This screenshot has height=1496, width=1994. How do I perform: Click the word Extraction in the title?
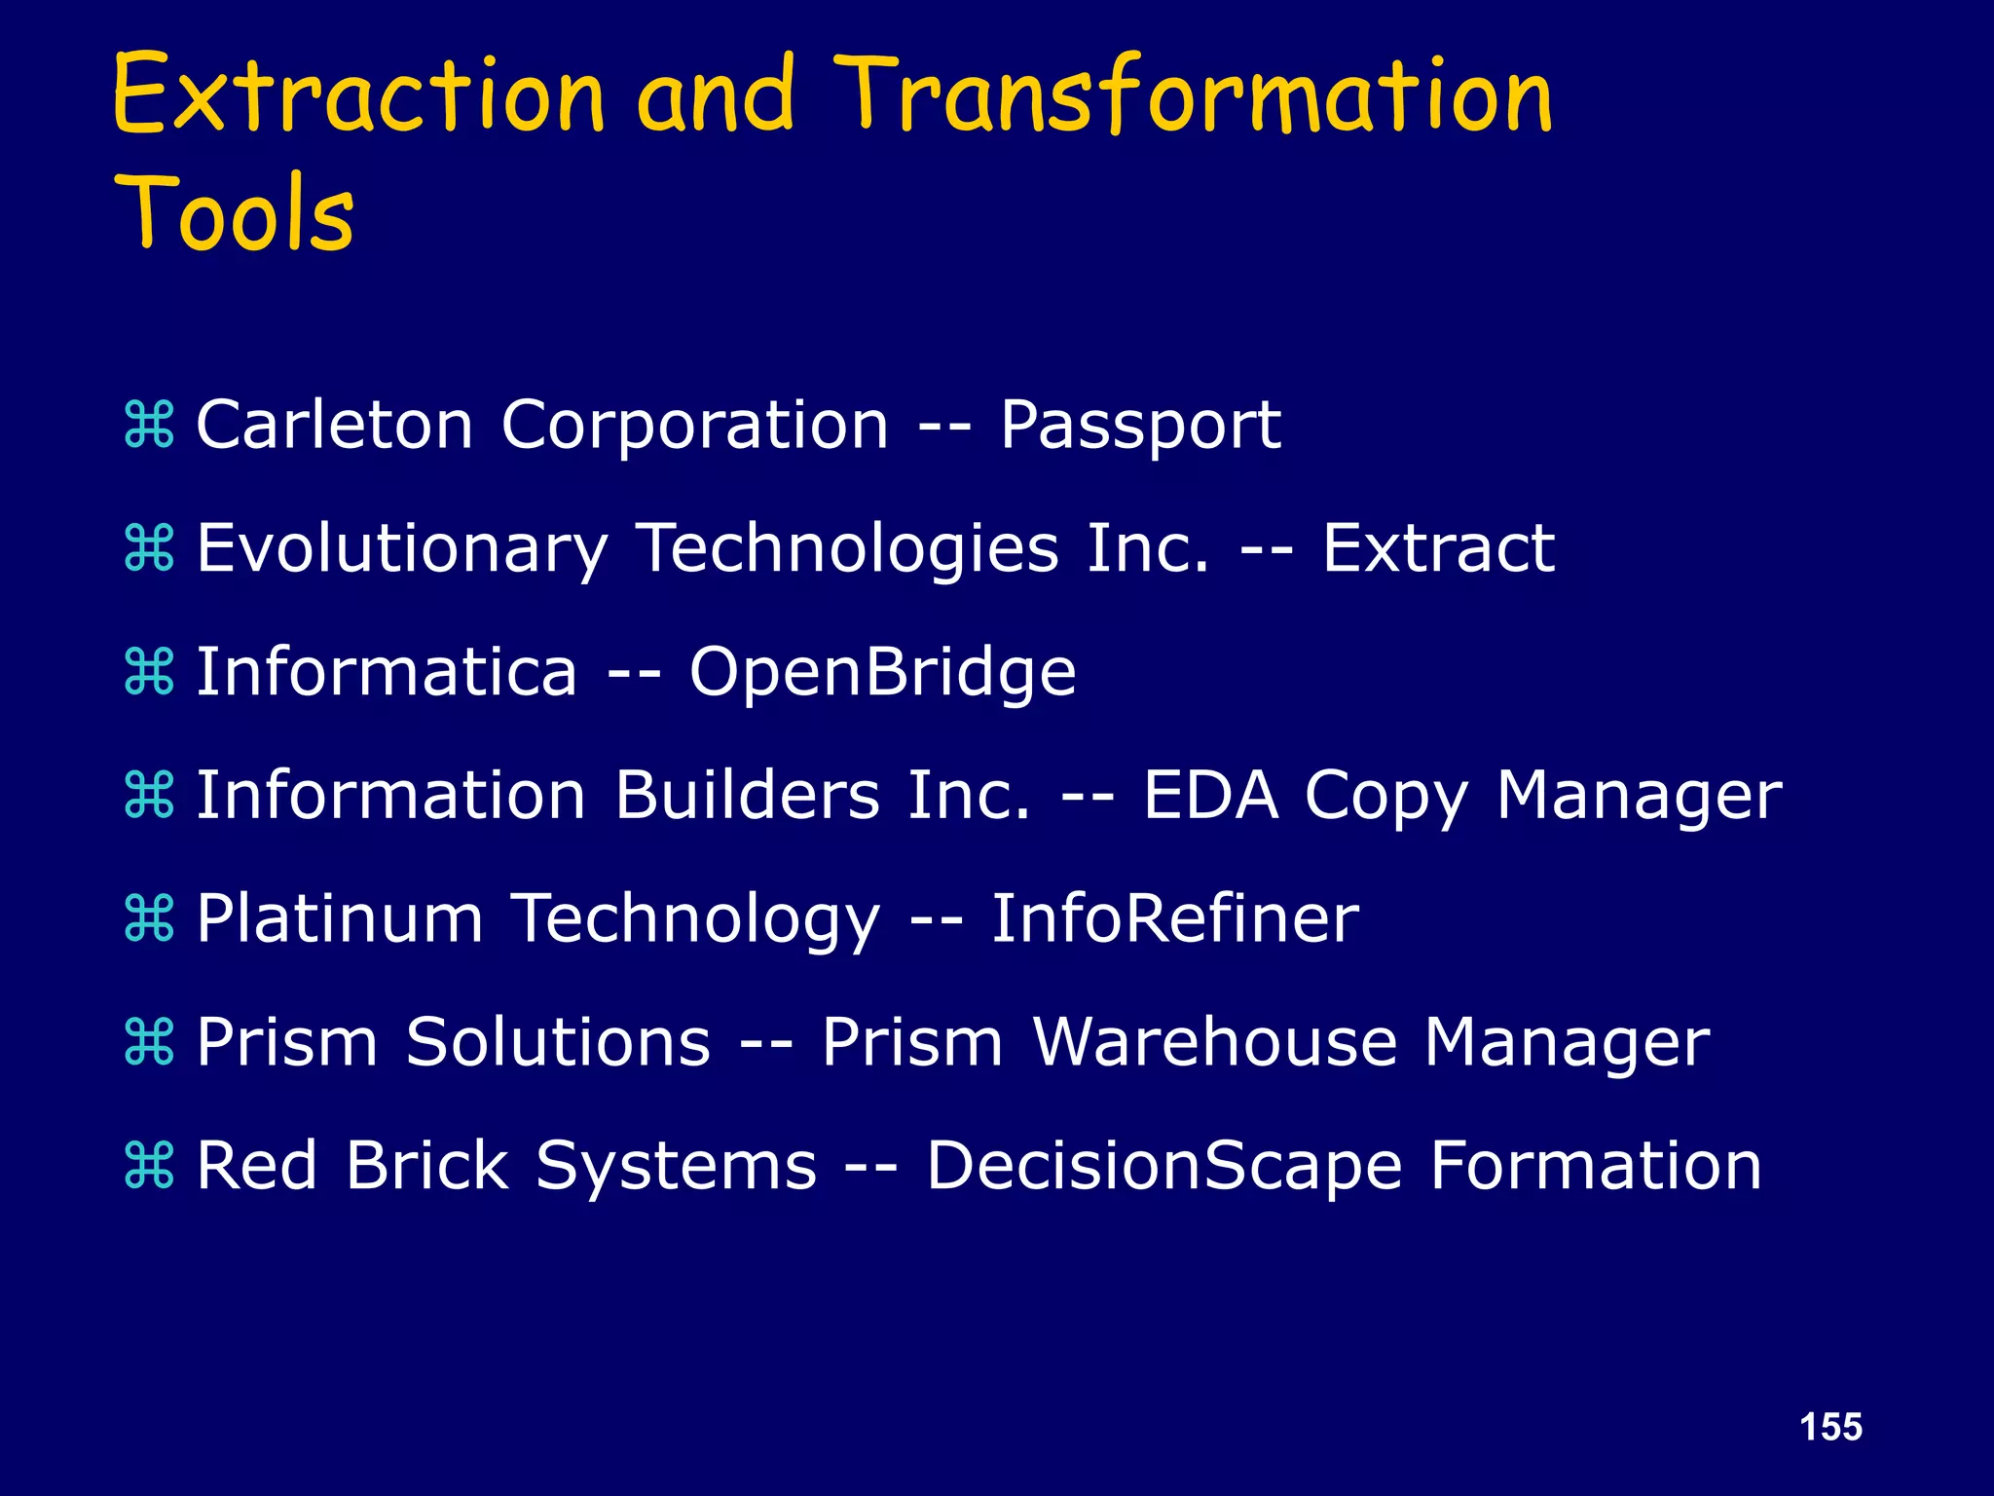coord(358,95)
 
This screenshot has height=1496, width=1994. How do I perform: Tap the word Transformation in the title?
coord(1194,95)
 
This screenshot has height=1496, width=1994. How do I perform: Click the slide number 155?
coord(1830,1427)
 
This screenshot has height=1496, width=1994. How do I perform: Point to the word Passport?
coord(1140,427)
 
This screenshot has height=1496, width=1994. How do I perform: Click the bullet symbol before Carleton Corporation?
coord(149,426)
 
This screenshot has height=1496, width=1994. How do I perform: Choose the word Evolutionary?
coord(402,549)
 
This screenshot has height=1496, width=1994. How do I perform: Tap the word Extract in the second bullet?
coord(1438,548)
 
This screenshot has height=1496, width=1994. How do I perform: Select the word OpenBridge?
coord(882,673)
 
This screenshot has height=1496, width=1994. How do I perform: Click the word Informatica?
coord(387,672)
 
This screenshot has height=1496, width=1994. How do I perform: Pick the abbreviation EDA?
coord(1209,796)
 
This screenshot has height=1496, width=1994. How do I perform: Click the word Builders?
coord(748,796)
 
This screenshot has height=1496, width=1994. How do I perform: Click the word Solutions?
coord(558,1042)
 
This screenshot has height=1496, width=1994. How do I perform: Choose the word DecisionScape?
coord(1164,1167)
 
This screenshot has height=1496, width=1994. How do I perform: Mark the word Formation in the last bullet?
coord(1596,1166)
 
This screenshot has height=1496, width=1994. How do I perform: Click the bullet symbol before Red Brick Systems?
coord(149,1166)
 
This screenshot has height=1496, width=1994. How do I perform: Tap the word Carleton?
coord(335,426)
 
